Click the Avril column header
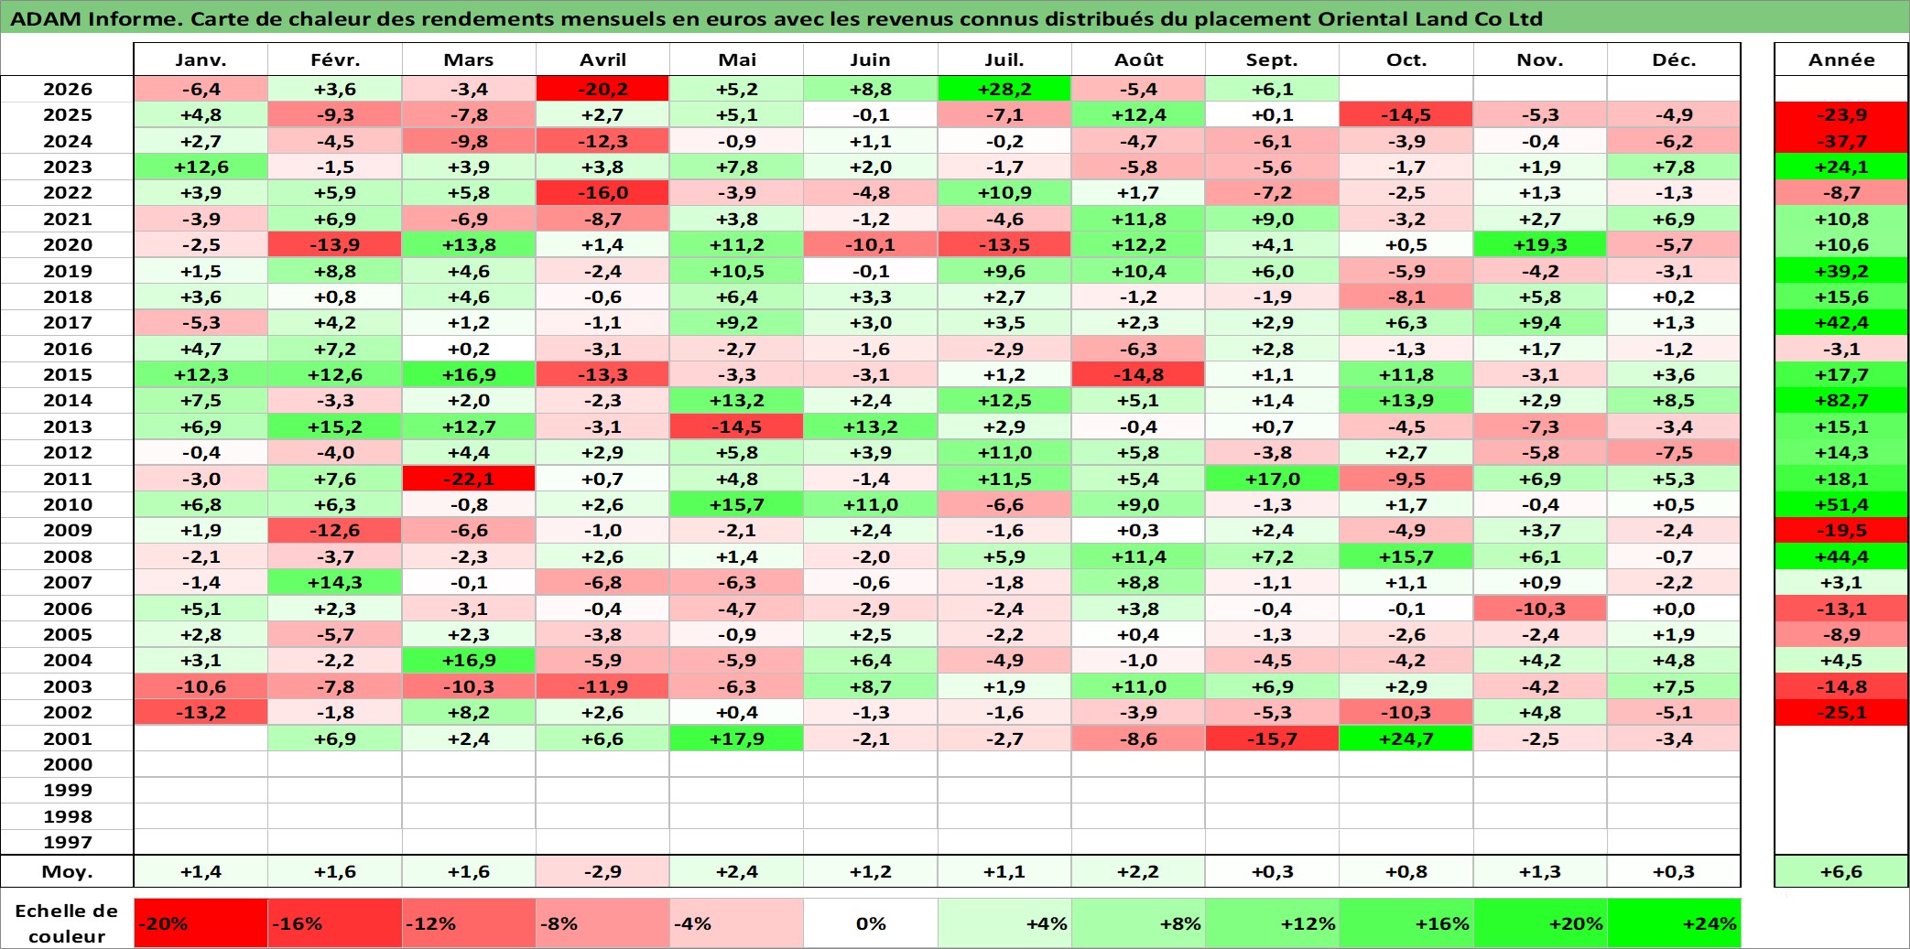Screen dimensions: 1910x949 (602, 59)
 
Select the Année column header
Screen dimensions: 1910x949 (1841, 59)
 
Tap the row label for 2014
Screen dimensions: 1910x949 (68, 400)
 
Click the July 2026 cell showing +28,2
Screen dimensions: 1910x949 (1004, 89)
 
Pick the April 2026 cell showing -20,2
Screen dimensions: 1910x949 (602, 89)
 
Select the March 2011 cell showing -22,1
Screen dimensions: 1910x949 (469, 479)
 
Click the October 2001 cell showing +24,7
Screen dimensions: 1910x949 (1405, 739)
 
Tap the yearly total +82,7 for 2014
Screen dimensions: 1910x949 (1841, 400)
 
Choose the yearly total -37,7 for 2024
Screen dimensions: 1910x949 (1841, 141)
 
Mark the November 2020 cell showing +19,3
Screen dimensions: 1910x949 (1540, 244)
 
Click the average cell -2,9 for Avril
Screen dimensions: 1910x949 (602, 871)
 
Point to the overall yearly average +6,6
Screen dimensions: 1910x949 (1841, 871)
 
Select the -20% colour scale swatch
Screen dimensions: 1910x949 (201, 923)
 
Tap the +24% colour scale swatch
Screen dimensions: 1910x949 (1674, 923)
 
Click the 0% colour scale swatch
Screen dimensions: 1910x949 (871, 923)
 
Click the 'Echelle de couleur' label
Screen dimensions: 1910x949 (67, 923)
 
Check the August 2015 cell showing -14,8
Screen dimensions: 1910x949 (1138, 374)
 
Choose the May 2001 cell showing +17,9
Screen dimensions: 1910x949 (736, 739)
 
